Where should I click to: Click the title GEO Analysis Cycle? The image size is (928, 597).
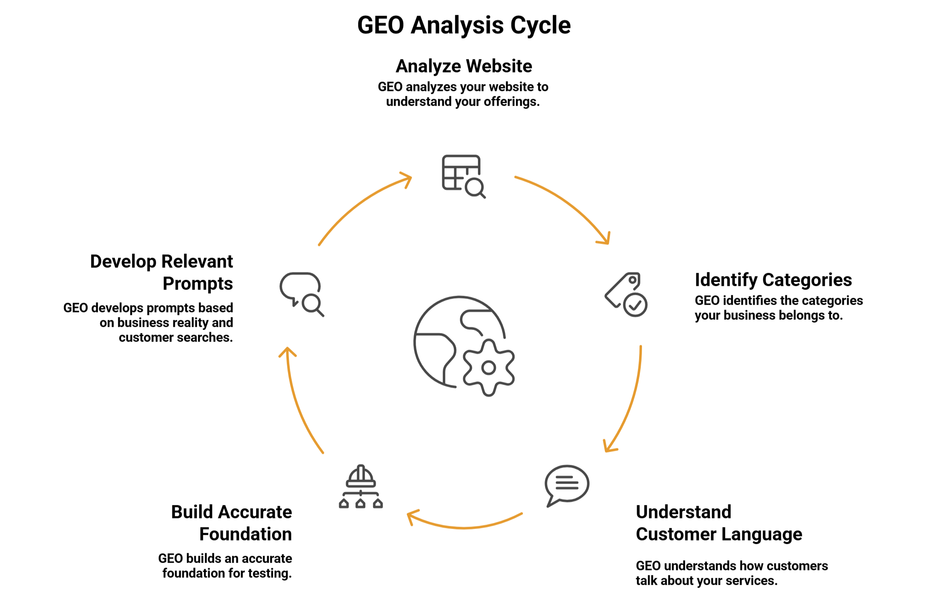coord(464,25)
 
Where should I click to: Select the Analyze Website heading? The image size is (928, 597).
coord(464,66)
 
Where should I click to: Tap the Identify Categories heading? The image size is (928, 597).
coord(773,280)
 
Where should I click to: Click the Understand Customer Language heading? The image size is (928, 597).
coord(719,523)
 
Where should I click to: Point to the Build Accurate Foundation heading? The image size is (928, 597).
coord(232,523)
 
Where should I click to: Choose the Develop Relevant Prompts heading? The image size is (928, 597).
coord(161,272)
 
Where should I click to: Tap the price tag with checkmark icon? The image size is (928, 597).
coord(626,294)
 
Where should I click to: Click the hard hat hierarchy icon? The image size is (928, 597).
coord(360,487)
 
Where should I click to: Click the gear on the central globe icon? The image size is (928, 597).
coord(489,368)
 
